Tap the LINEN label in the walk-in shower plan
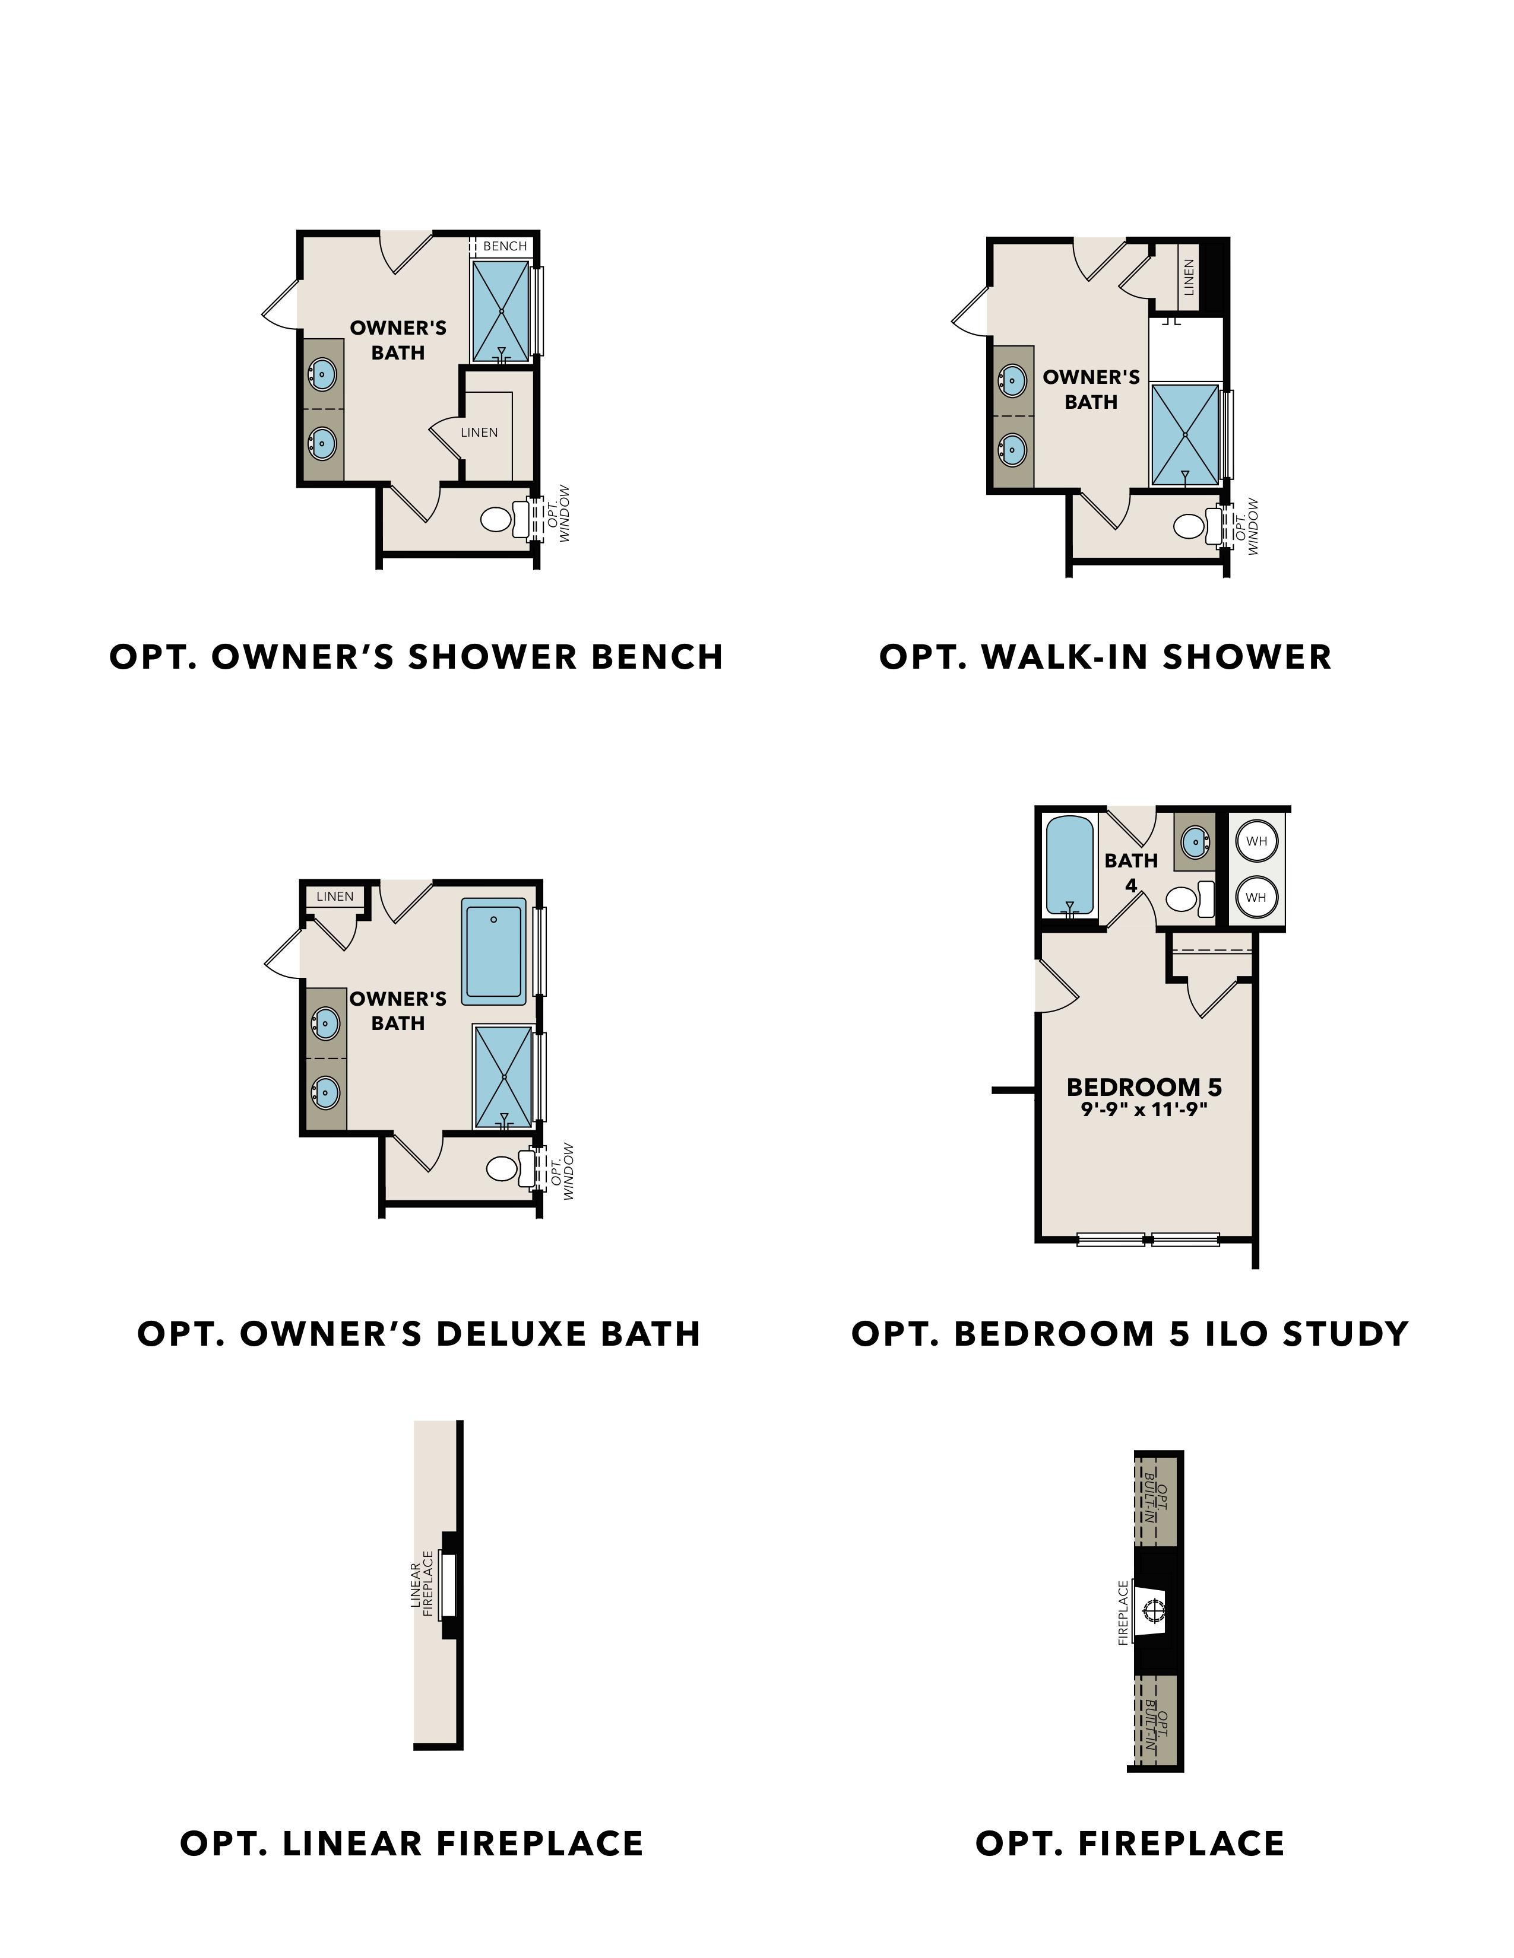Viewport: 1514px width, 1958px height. point(1189,277)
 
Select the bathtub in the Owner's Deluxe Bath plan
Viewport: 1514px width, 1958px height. point(493,951)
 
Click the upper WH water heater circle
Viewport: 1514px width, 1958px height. point(1256,841)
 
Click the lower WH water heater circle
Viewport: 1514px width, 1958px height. point(1256,897)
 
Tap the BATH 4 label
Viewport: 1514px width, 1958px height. point(1131,872)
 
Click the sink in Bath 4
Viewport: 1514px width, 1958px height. point(1195,842)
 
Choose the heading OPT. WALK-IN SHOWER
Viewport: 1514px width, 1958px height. point(1105,657)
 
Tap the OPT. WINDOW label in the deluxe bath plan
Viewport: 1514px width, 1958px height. point(562,1171)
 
